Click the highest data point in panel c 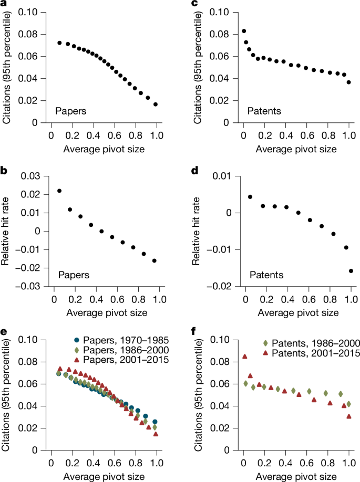coord(244,31)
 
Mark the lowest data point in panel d coord(351,271)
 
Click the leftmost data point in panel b coord(59,191)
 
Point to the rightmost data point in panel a coord(156,104)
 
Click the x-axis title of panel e coord(103,476)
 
